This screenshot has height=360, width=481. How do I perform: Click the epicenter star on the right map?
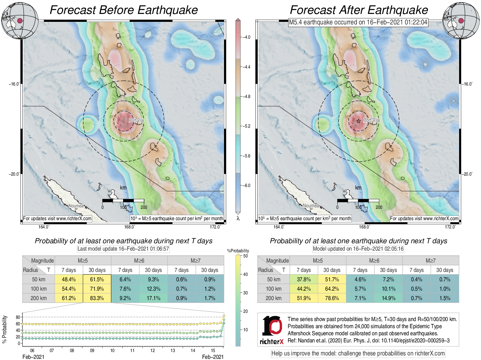(359, 121)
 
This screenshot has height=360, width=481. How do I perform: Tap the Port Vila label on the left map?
(136, 120)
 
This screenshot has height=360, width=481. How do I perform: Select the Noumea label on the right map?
(311, 206)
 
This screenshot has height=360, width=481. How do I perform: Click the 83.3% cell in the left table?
(97, 298)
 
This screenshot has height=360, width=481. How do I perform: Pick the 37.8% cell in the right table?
(304, 279)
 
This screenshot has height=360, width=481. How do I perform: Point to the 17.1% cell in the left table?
(153, 298)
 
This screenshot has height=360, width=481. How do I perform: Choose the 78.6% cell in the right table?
(332, 298)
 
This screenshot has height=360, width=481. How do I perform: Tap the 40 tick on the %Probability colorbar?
(245, 274)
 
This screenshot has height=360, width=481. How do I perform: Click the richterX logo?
(272, 330)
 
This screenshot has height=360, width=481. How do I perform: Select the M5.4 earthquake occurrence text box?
(358, 22)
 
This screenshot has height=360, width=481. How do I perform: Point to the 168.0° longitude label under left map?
(129, 227)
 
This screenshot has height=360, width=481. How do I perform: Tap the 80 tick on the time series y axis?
(18, 317)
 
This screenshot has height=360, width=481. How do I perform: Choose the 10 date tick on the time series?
(112, 351)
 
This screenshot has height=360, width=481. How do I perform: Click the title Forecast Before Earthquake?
(124, 10)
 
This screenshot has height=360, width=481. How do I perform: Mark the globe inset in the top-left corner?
(20, 20)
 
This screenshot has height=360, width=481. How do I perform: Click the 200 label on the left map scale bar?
(144, 207)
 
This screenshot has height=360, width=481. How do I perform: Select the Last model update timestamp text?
(123, 249)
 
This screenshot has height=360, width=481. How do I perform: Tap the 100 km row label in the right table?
(273, 289)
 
